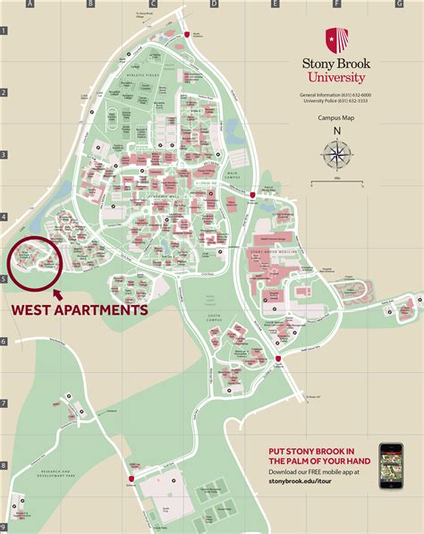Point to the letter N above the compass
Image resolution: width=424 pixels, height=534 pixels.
point(337,131)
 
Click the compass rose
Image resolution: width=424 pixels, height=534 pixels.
point(337,156)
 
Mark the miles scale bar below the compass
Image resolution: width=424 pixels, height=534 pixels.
point(336,183)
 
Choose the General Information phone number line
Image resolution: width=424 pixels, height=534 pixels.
point(336,95)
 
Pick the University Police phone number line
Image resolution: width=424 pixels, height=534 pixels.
point(336,102)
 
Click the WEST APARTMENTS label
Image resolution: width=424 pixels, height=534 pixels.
point(78,310)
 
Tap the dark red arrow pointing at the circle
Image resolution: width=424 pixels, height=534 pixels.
point(56,292)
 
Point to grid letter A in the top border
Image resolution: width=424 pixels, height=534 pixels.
point(31,4)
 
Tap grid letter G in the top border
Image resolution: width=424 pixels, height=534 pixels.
point(398,4)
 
